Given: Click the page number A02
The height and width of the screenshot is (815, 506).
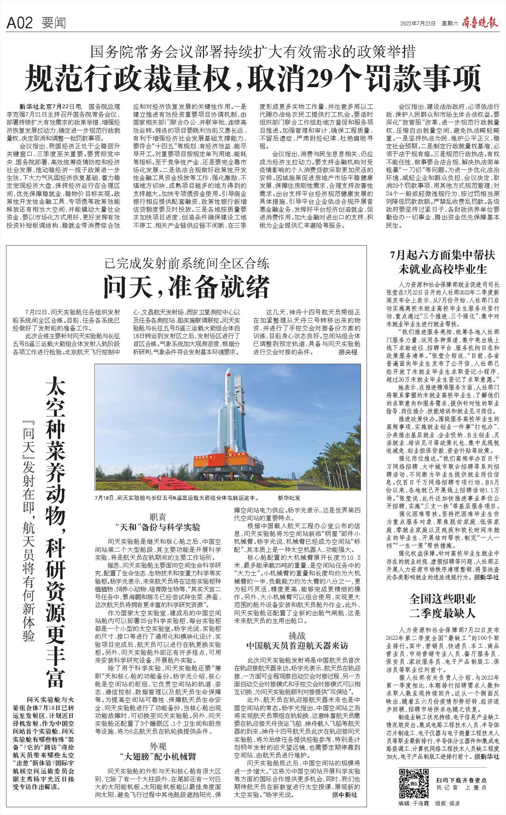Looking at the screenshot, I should pos(20,23).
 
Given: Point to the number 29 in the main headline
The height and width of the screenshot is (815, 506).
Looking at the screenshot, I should pos(326,77).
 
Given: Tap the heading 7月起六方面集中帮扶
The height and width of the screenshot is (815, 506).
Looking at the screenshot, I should pos(443,255).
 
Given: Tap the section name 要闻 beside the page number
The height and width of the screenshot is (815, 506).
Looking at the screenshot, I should pos(54,23).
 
